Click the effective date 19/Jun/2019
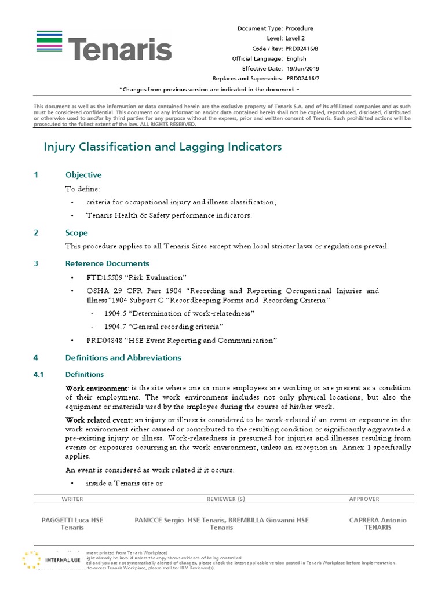(302, 68)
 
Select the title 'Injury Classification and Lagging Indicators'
(163, 147)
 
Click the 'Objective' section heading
(83, 175)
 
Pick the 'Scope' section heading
(76, 233)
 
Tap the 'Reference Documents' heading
(107, 263)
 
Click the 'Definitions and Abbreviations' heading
(123, 358)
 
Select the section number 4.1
(40, 375)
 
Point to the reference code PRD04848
(105, 341)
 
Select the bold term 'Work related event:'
(99, 419)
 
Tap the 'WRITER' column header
(72, 499)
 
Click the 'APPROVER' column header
(364, 499)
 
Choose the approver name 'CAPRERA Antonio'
(378, 520)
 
